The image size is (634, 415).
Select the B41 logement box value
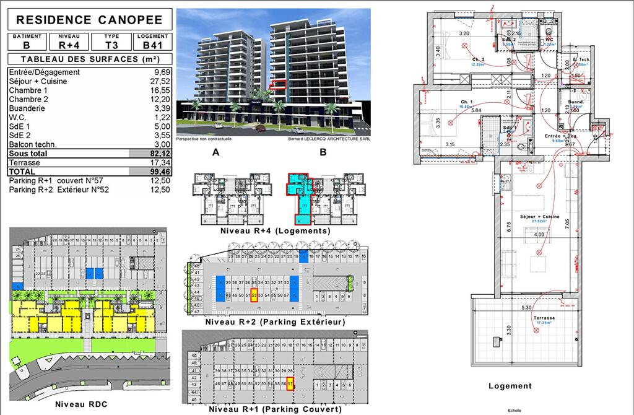point(152,45)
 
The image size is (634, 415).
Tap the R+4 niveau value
point(69,45)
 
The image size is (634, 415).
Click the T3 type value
point(111,45)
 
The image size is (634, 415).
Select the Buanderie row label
point(30,108)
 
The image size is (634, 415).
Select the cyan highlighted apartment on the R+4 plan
point(301,198)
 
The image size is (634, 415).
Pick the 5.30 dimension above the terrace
point(527,308)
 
